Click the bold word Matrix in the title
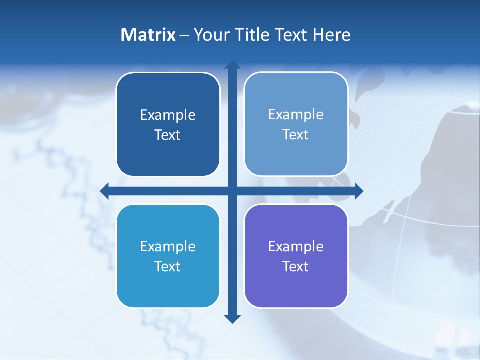(148, 35)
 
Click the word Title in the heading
(251, 35)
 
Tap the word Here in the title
(332, 35)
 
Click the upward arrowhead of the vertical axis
(232, 65)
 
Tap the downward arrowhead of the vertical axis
(232, 318)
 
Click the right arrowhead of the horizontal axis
(359, 191)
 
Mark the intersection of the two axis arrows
(232, 191)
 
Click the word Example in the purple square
(296, 246)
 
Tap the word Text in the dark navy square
(168, 135)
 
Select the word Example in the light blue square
(296, 114)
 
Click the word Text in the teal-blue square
(168, 266)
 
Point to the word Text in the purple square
(296, 266)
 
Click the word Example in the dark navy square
(168, 115)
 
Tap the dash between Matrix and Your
(184, 35)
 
